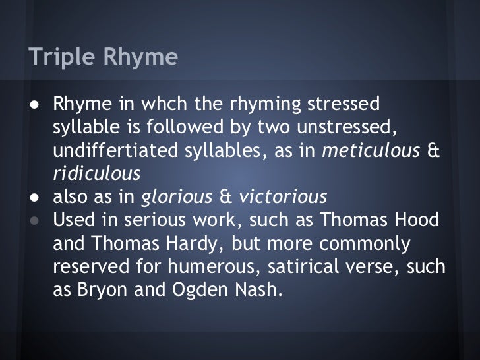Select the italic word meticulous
pos(371,151)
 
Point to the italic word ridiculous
pos(96,174)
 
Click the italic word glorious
pos(177,197)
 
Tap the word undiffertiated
pos(117,151)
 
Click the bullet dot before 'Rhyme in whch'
pos(32,105)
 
